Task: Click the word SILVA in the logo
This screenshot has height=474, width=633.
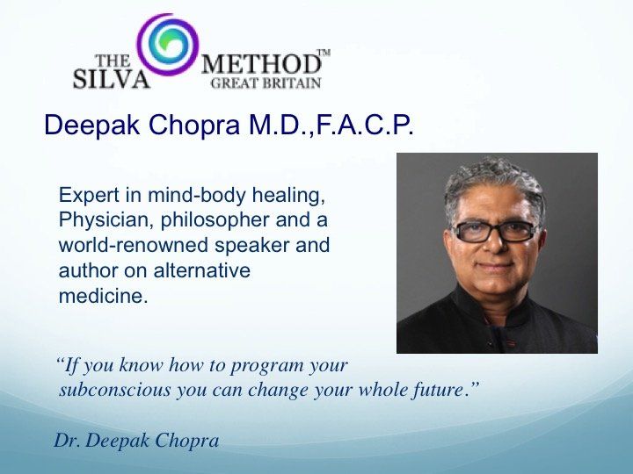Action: pyautogui.click(x=112, y=79)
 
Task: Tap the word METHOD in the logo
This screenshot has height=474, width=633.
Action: pyautogui.click(x=261, y=64)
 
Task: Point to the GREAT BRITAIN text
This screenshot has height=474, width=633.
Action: pyautogui.click(x=266, y=83)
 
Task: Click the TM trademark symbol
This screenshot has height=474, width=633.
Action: pyautogui.click(x=324, y=53)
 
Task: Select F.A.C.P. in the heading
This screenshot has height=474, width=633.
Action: pyautogui.click(x=366, y=125)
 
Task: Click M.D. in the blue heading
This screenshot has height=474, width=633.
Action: pyautogui.click(x=280, y=125)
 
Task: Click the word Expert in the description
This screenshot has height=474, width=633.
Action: pyautogui.click(x=89, y=196)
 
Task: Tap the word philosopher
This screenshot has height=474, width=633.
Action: pyautogui.click(x=215, y=221)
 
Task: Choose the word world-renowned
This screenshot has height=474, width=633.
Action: pyautogui.click(x=134, y=245)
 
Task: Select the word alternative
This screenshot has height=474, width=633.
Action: pyautogui.click(x=202, y=270)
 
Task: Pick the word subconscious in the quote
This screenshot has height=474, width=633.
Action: pyautogui.click(x=115, y=390)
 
